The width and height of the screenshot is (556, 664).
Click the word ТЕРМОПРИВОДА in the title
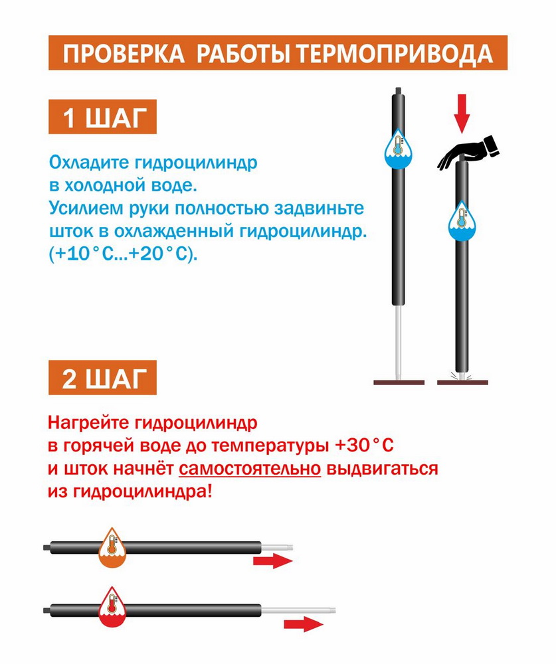click(x=394, y=54)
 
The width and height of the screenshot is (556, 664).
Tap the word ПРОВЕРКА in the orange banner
click(x=124, y=54)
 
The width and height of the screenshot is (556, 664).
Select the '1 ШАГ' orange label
click(x=102, y=117)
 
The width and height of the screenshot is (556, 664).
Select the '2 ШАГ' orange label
click(x=102, y=378)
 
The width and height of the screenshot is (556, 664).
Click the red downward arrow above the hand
click(x=462, y=114)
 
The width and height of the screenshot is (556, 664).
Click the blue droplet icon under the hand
click(x=462, y=221)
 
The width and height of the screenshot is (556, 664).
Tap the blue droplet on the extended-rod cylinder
click(x=398, y=148)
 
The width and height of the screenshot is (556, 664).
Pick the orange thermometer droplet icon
click(x=112, y=547)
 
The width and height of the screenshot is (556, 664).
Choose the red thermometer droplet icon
click(x=112, y=607)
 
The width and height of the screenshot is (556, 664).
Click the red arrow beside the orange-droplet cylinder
click(x=273, y=561)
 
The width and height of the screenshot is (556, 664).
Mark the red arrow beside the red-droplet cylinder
click(x=304, y=624)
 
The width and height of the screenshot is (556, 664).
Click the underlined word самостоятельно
click(x=250, y=469)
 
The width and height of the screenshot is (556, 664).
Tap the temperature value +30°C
click(x=364, y=446)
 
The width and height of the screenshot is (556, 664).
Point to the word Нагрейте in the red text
click(x=88, y=423)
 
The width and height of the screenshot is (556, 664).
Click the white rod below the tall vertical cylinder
click(x=399, y=343)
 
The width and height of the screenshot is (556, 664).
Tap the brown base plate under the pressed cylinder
click(x=462, y=382)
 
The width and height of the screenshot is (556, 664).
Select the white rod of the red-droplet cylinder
click(x=298, y=611)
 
